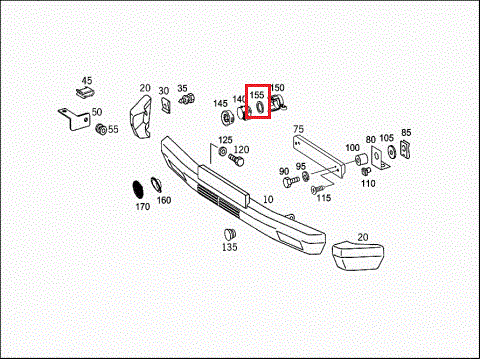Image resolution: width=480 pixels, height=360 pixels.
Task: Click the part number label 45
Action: pyautogui.click(x=87, y=80)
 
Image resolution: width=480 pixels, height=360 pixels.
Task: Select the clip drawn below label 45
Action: pyautogui.click(x=85, y=92)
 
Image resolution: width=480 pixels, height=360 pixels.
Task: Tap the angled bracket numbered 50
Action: pyautogui.click(x=75, y=119)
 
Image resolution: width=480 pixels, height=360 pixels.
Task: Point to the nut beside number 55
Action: pyautogui.click(x=101, y=129)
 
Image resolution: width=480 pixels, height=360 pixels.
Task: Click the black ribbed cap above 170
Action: pyautogui.click(x=137, y=190)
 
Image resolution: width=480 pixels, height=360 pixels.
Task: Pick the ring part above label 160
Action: pyautogui.click(x=156, y=184)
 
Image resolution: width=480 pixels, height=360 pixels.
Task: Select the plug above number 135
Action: pyautogui.click(x=230, y=234)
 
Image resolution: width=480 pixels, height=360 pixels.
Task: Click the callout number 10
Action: pyautogui.click(x=268, y=199)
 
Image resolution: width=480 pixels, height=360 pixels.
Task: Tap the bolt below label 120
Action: pyautogui.click(x=236, y=160)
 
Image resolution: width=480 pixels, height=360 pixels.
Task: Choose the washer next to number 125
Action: pyautogui.click(x=222, y=150)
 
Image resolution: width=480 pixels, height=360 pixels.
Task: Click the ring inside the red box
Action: pyautogui.click(x=260, y=107)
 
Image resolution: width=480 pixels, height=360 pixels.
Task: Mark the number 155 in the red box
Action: pyautogui.click(x=257, y=95)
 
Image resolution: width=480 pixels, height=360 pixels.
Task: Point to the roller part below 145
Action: pyautogui.click(x=227, y=118)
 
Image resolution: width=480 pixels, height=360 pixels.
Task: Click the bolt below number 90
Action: pyautogui.click(x=291, y=181)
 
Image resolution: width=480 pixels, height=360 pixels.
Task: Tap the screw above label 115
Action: pyautogui.click(x=319, y=189)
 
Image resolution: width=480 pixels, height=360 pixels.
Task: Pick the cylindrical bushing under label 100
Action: pyautogui.click(x=360, y=159)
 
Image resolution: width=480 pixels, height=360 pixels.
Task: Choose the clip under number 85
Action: pyautogui.click(x=405, y=149)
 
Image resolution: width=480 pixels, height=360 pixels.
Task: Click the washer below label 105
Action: pyautogui.click(x=391, y=152)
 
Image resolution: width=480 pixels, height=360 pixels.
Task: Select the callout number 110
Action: pyautogui.click(x=368, y=183)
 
